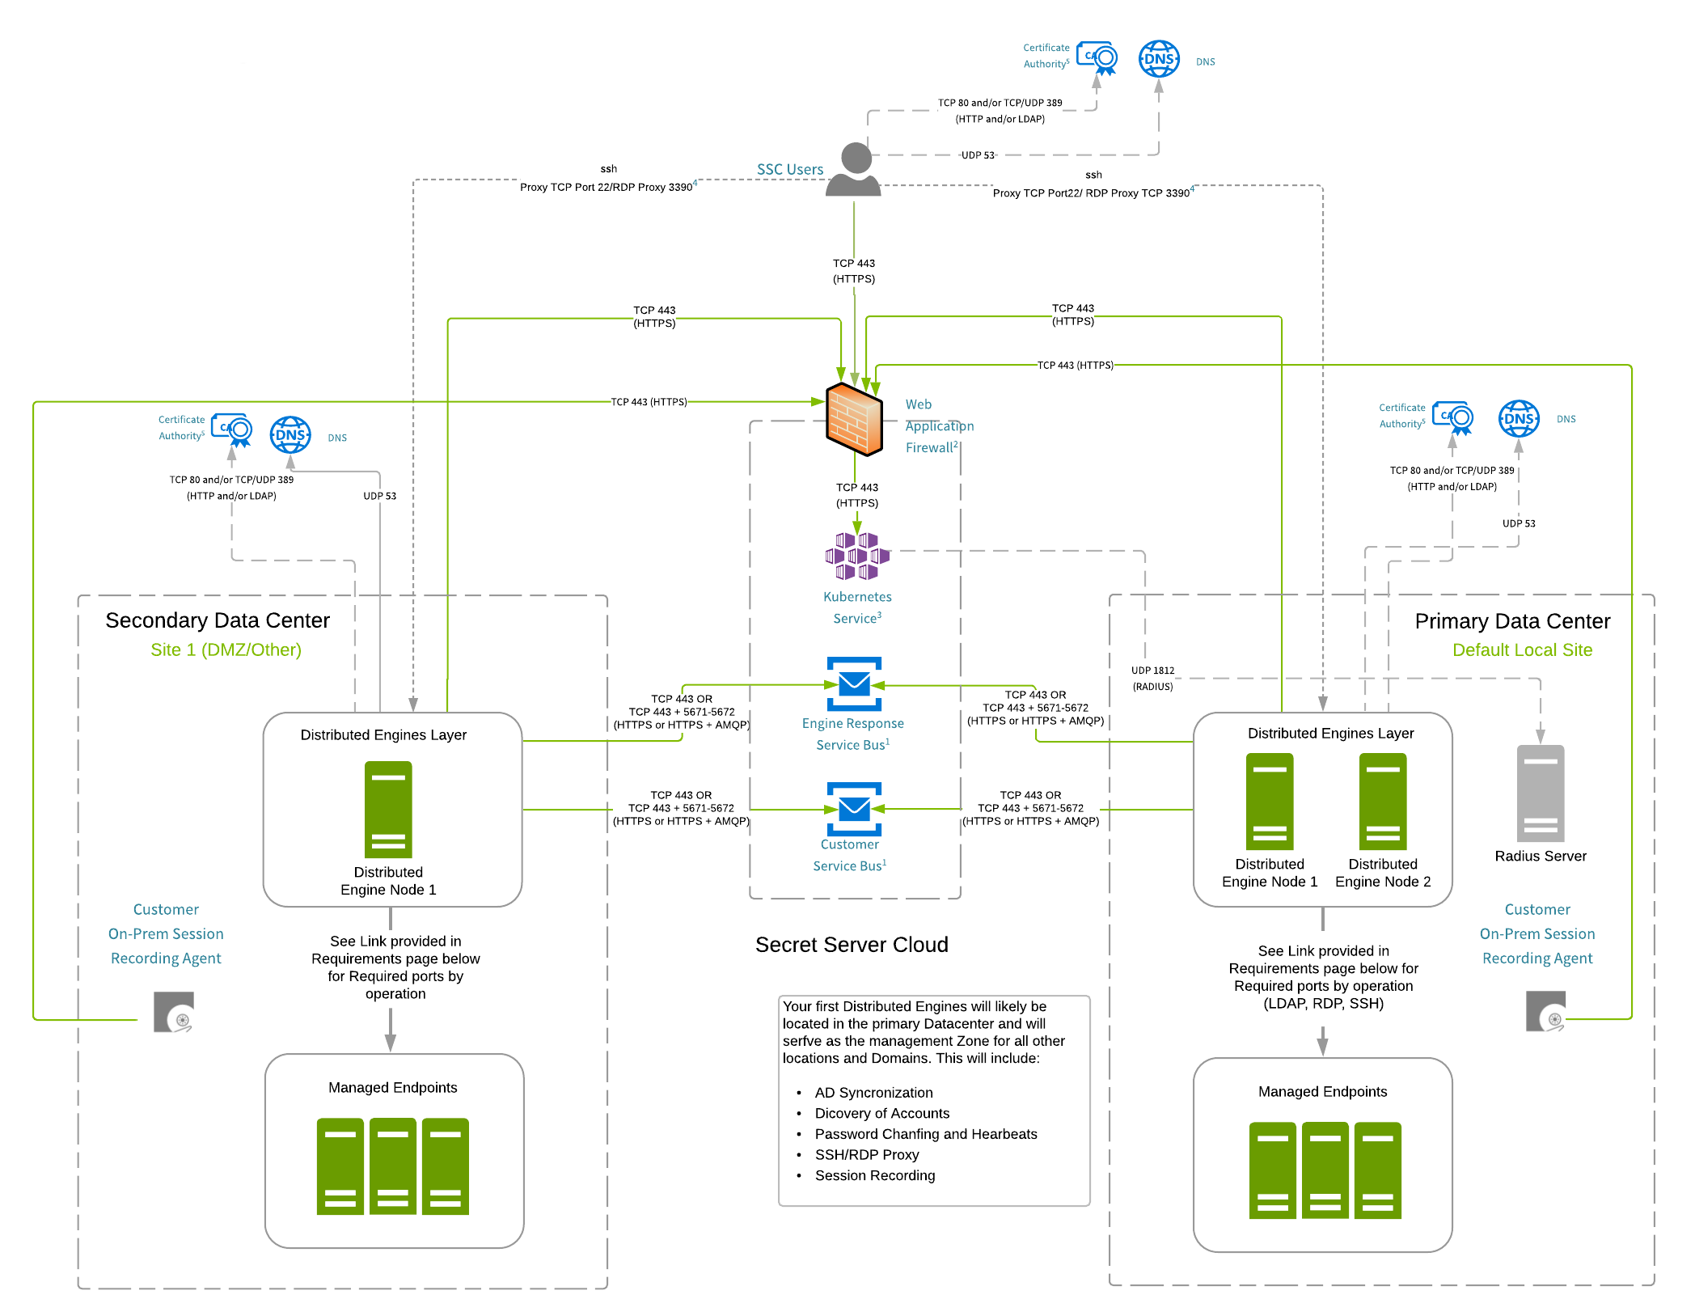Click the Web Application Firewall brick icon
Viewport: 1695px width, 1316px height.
click(854, 419)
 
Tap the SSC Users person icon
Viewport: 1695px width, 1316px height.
click(855, 169)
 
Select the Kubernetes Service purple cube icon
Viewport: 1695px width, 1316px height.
click(857, 556)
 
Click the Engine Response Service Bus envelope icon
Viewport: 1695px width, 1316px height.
click(854, 684)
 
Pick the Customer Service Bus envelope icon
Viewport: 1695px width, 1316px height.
click(854, 809)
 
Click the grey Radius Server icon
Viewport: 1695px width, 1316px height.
click(1540, 793)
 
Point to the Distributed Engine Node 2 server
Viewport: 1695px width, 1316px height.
click(1383, 801)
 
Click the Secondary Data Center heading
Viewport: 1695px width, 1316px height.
click(218, 620)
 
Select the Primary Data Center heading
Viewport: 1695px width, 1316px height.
click(1511, 621)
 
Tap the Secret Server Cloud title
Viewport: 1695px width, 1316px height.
click(852, 945)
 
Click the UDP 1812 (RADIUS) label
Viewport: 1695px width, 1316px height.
click(1152, 679)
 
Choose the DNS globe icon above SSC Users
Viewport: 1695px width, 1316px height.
click(1159, 59)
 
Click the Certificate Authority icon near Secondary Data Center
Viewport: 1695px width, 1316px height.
click(232, 429)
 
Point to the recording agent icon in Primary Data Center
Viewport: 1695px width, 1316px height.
click(1545, 1012)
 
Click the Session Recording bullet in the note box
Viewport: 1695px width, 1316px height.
click(874, 1175)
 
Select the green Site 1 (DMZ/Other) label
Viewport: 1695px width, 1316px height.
click(226, 650)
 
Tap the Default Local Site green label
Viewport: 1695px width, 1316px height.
click(1522, 650)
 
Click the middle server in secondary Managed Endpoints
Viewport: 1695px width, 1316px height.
click(393, 1166)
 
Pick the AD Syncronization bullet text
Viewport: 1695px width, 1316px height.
click(873, 1093)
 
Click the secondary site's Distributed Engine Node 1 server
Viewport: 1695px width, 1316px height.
click(388, 809)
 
